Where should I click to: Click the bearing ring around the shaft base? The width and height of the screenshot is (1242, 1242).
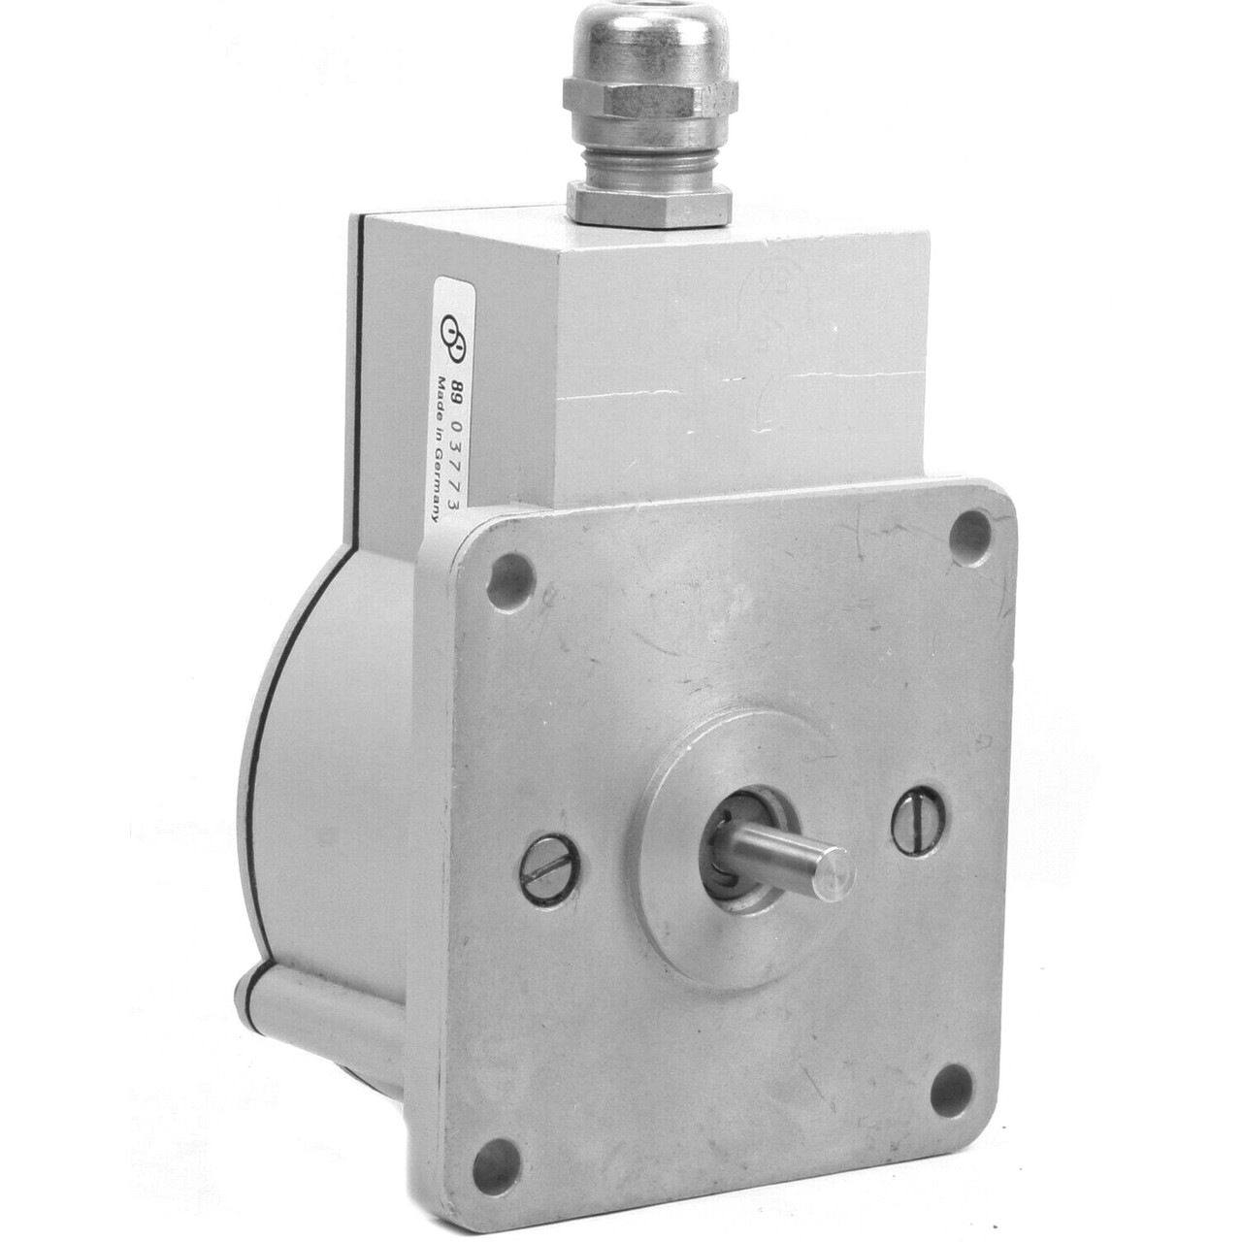point(742,838)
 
